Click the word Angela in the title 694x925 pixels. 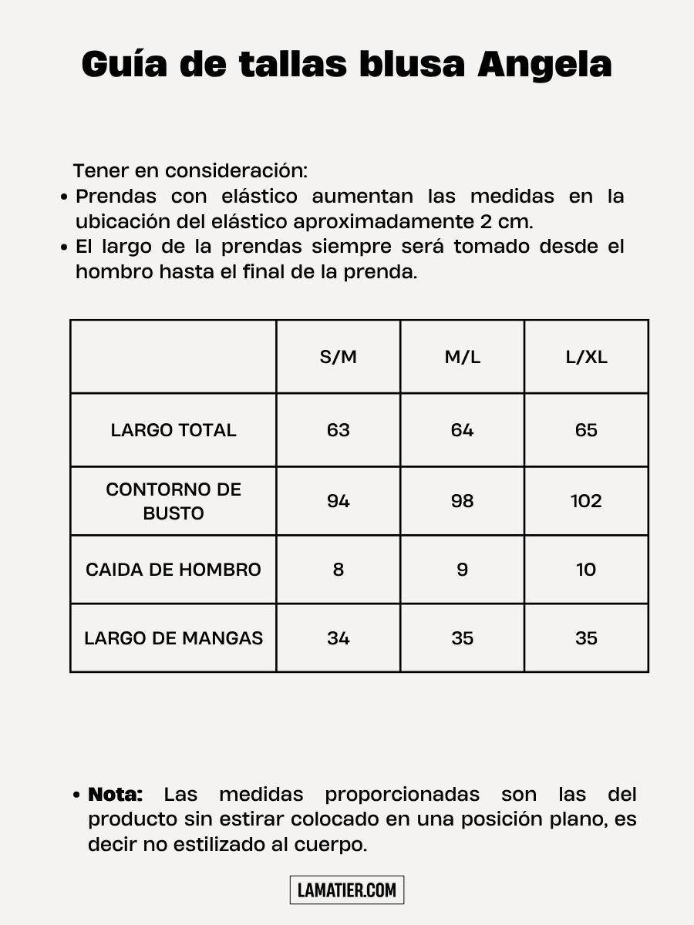pos(544,64)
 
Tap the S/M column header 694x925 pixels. pos(339,357)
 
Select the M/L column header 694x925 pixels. pos(462,357)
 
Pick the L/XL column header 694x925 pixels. pos(586,357)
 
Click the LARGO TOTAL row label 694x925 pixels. pos(173,430)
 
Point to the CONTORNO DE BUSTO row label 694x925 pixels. pos(173,501)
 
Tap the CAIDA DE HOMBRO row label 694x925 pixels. pos(173,570)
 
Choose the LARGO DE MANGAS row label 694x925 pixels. pos(173,638)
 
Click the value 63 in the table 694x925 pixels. pos(339,430)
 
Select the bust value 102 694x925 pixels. pos(586,501)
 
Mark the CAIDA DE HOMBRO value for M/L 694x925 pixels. pos(462,570)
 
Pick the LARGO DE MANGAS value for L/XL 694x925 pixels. pos(586,638)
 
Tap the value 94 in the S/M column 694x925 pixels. pos(339,501)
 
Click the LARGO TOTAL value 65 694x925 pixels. pos(586,430)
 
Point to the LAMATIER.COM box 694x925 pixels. pos(347,890)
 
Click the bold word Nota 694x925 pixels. pos(116,794)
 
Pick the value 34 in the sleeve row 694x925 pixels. pos(339,638)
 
